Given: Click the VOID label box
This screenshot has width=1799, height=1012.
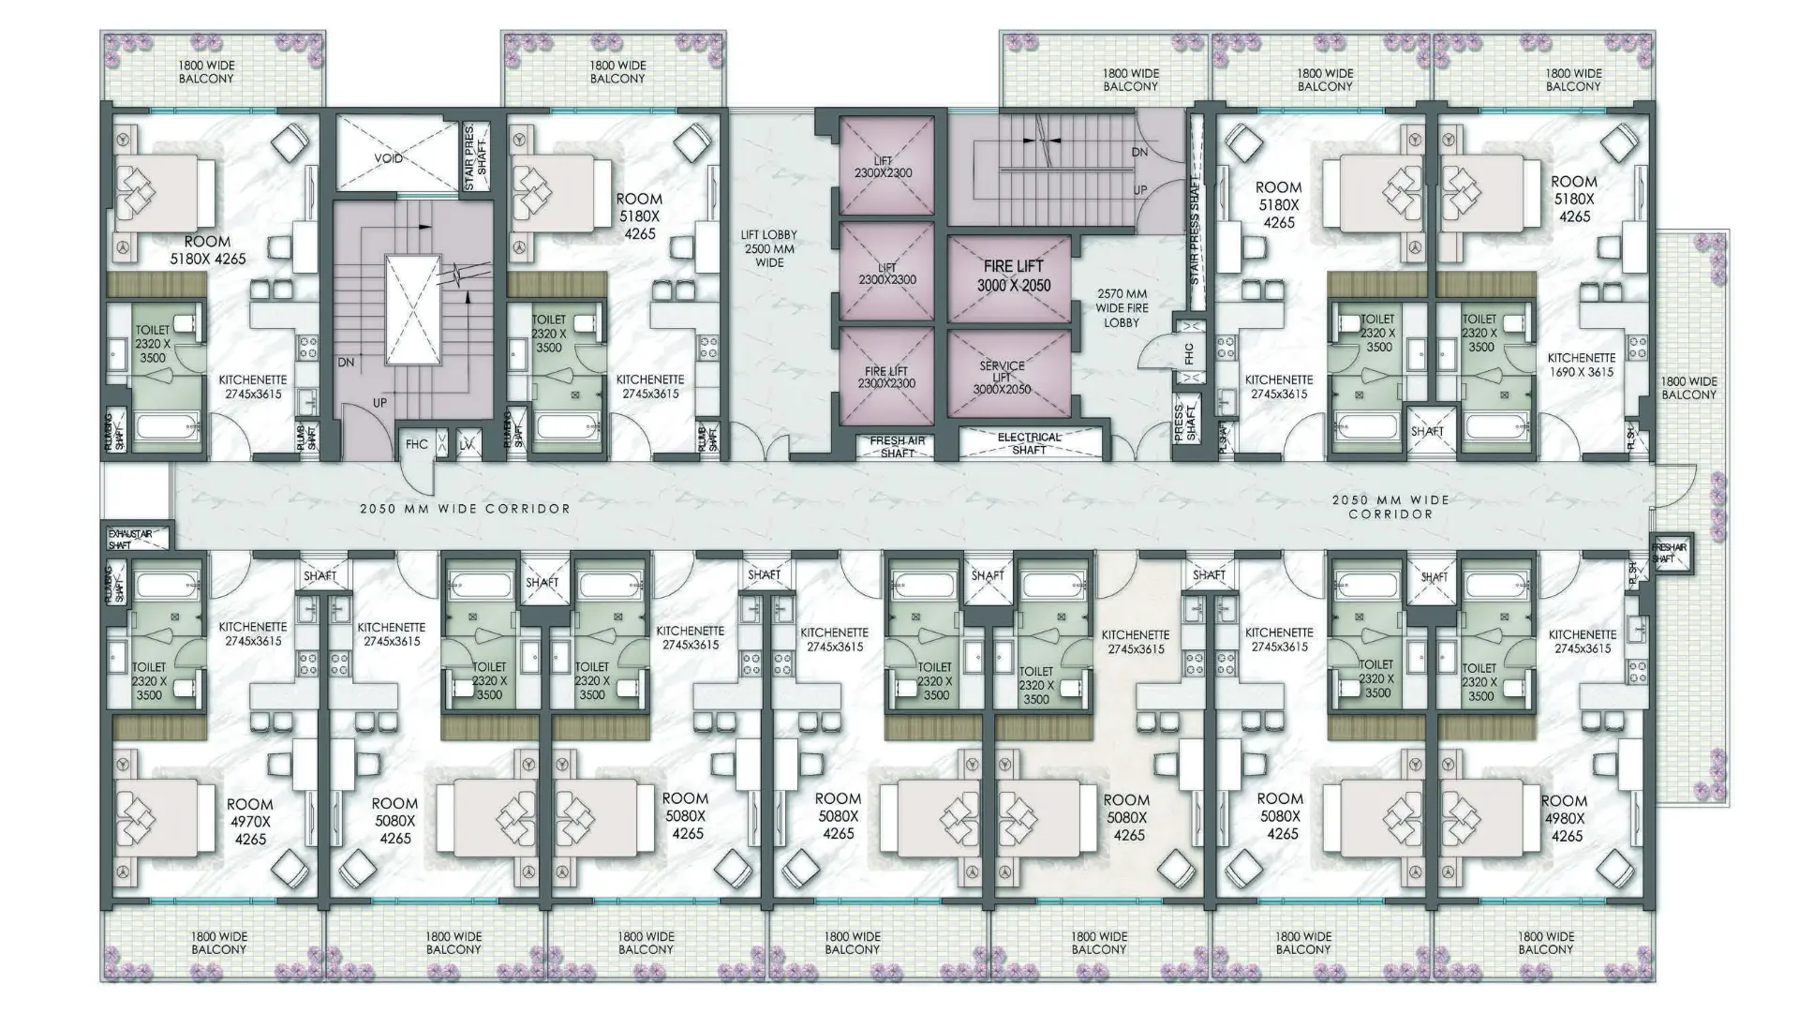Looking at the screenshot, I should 389,157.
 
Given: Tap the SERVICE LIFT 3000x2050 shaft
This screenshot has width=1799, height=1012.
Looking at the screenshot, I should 1002,377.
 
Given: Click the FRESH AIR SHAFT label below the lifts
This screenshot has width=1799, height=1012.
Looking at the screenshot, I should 898,447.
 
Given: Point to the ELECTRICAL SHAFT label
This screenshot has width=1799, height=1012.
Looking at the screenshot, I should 1029,443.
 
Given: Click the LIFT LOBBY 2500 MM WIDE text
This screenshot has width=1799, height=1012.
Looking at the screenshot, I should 768,249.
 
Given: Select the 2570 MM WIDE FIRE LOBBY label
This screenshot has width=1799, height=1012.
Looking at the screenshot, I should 1122,307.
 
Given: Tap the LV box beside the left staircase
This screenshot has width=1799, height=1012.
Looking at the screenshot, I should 467,445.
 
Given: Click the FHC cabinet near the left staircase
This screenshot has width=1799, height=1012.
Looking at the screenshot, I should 416,445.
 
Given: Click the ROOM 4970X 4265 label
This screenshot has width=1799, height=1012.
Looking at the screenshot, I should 249,822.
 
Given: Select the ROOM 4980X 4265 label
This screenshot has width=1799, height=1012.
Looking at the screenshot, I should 1564,819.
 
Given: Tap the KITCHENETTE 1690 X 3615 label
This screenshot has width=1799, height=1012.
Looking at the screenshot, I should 1582,365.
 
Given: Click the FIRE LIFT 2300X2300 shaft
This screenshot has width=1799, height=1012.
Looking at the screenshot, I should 886,378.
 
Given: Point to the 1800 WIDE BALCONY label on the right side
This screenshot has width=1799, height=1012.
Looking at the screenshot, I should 1688,388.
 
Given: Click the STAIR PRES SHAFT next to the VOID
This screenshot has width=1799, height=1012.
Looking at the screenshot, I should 476,156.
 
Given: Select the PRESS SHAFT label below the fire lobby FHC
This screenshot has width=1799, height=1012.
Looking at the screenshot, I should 1185,423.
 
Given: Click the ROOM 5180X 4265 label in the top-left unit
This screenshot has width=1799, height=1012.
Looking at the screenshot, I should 207,249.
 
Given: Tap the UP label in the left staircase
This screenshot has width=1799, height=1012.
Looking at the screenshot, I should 379,403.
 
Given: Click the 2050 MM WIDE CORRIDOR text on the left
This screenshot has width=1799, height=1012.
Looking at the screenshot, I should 465,509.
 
